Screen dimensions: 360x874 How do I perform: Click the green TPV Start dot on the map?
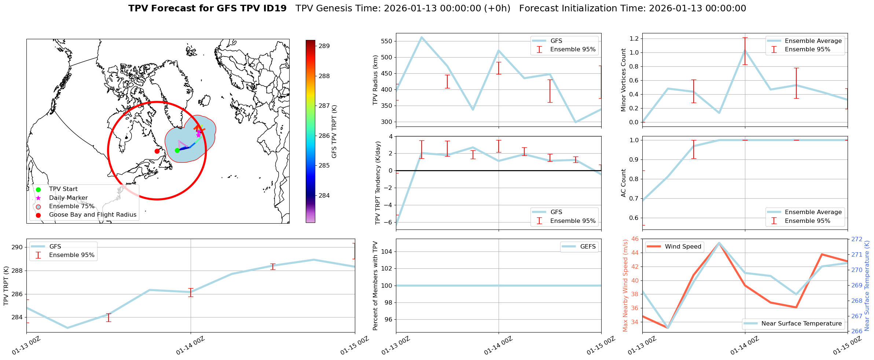point(177,150)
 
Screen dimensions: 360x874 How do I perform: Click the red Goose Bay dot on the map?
point(157,151)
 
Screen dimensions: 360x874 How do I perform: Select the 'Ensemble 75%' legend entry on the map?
point(71,206)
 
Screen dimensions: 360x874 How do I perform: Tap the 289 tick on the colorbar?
point(324,46)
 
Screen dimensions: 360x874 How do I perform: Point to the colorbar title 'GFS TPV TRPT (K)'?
point(334,132)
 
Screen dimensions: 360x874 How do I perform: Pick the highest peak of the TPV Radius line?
point(422,37)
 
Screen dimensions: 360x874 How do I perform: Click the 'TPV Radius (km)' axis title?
point(375,80)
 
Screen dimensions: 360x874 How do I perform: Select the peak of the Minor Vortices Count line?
point(745,51)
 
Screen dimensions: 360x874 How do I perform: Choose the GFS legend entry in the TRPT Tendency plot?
point(556,212)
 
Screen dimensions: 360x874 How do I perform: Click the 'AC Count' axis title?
point(624,183)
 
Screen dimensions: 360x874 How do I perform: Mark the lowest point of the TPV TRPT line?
point(67,328)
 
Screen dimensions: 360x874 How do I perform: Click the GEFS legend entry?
point(588,247)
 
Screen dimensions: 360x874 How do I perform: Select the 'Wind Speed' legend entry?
point(683,247)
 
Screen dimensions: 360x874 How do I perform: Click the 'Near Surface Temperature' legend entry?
point(801,324)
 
